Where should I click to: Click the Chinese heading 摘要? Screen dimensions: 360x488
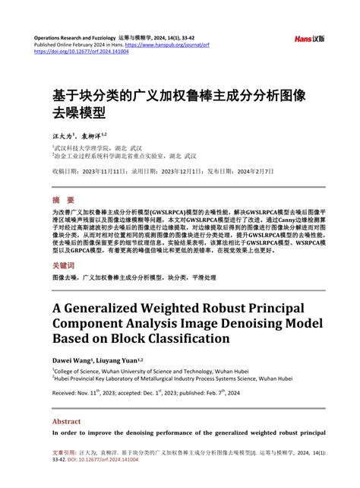[64, 201]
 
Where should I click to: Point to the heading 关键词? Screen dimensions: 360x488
[65, 266]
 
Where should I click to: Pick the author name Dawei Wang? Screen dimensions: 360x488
[71, 360]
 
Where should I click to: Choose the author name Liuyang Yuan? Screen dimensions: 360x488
[118, 360]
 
